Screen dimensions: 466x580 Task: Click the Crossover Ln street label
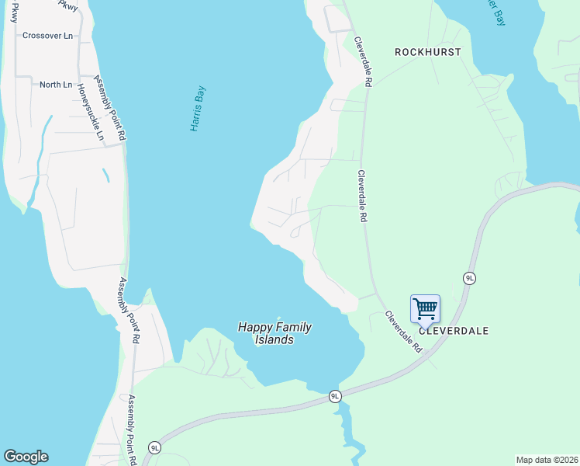pyautogui.click(x=47, y=35)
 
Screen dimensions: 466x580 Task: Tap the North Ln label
pyautogui.click(x=56, y=84)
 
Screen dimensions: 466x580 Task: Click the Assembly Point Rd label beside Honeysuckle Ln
pyautogui.click(x=110, y=108)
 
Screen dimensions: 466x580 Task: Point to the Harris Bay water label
pyautogui.click(x=199, y=108)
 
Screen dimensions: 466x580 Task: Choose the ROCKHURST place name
pyautogui.click(x=427, y=52)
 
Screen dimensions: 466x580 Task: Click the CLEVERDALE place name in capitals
pyautogui.click(x=454, y=330)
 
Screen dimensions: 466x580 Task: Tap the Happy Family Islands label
pyautogui.click(x=275, y=333)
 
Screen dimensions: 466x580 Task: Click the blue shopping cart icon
pyautogui.click(x=425, y=308)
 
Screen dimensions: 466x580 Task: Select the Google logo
pyautogui.click(x=26, y=457)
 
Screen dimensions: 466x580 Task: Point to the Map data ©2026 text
pyautogui.click(x=547, y=459)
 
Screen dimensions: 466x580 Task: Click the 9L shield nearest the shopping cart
pyautogui.click(x=469, y=278)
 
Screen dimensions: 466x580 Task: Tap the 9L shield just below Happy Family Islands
pyautogui.click(x=335, y=396)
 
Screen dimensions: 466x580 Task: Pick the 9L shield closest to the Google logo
pyautogui.click(x=154, y=447)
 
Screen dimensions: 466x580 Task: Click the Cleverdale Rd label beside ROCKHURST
pyautogui.click(x=364, y=61)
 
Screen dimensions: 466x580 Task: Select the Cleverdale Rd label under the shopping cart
pyautogui.click(x=403, y=332)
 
